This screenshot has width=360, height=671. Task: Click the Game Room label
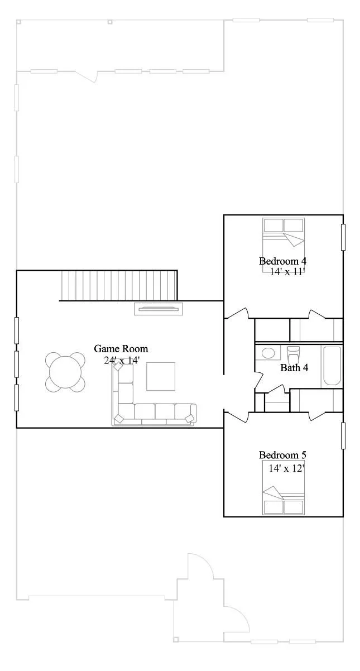[x=121, y=349]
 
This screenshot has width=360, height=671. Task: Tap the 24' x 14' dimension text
[x=122, y=360]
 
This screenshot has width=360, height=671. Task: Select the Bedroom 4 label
[x=283, y=261]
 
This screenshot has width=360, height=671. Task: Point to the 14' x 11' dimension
[x=287, y=272]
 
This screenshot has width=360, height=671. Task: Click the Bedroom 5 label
[x=283, y=455]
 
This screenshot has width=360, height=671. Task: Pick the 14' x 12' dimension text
[x=286, y=468]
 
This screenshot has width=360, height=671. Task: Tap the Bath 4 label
[x=294, y=367]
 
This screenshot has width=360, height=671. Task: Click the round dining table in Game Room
[x=65, y=372]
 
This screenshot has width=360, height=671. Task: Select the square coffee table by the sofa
[x=161, y=376]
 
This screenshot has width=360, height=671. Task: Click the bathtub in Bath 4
[x=331, y=366]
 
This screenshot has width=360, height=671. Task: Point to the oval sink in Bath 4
[x=268, y=353]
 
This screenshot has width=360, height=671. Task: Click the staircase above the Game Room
[x=119, y=285]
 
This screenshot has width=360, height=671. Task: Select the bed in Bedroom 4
[x=284, y=245]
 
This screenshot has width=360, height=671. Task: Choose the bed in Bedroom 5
[x=284, y=488]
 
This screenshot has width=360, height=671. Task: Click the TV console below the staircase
[x=159, y=309]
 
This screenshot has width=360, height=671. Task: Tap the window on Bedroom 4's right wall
[x=343, y=237]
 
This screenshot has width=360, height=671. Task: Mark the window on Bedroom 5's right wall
[x=343, y=435]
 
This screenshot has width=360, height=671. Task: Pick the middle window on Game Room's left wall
[x=17, y=364]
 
